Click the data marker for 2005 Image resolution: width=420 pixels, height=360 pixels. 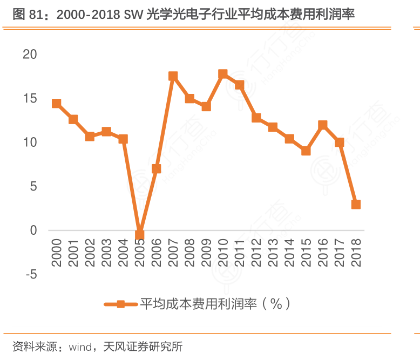coord(140,235)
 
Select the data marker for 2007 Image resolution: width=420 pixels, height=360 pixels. coord(173,76)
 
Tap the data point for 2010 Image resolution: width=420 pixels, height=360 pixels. coord(223,74)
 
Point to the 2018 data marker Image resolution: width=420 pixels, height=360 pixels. coord(356,205)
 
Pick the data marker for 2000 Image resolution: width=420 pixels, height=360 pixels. coord(56,104)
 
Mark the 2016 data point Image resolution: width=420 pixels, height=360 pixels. coord(323,125)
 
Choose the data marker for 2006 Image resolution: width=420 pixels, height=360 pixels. coord(157,169)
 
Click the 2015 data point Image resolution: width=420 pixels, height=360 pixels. coord(306,151)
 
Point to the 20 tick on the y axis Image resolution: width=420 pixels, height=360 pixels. coord(30,54)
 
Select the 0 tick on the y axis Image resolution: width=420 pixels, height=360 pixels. coord(33,230)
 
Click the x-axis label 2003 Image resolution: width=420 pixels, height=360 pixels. coord(106,252)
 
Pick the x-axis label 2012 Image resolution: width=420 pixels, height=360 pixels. coord(256,252)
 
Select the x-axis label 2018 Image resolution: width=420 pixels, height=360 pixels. coord(356,252)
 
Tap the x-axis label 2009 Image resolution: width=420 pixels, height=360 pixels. coord(206,252)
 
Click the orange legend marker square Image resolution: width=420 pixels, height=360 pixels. coord(121,304)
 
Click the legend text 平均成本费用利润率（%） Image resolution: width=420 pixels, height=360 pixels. coord(215,304)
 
